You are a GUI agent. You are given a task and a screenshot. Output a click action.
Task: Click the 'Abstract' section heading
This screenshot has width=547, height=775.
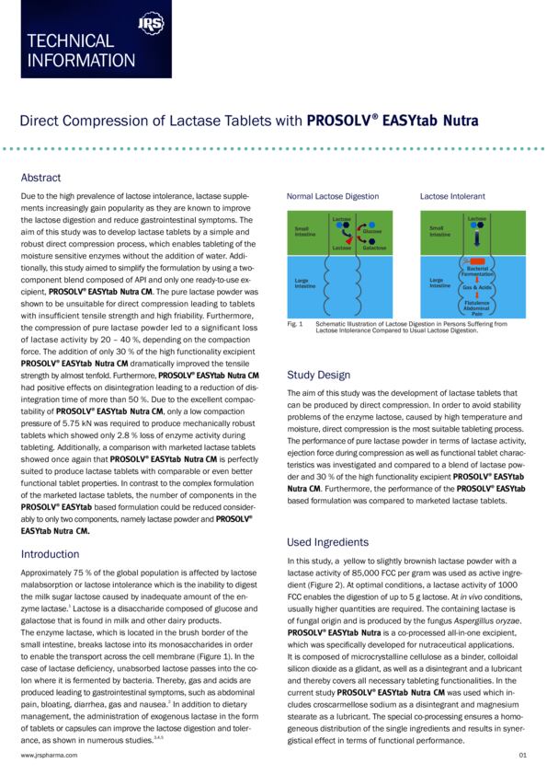(42, 178)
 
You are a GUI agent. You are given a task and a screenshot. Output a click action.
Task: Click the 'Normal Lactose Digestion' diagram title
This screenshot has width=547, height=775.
(332, 197)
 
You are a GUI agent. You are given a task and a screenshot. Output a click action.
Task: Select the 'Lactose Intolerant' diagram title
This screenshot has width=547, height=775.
(452, 197)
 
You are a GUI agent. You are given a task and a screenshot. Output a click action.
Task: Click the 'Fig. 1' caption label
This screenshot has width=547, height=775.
(295, 324)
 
